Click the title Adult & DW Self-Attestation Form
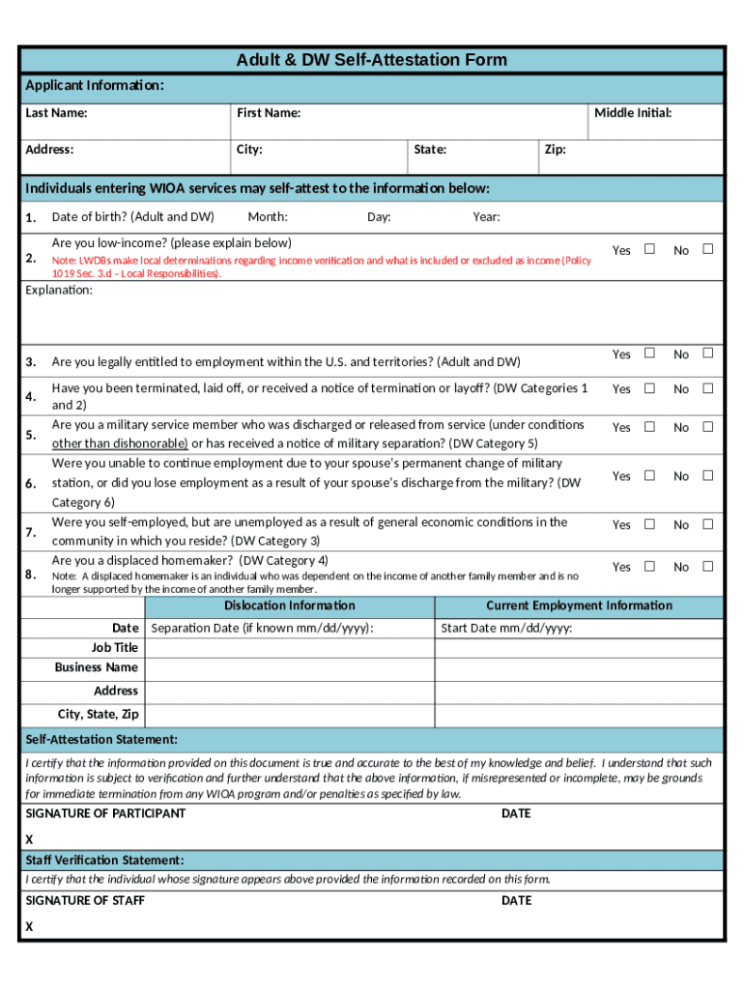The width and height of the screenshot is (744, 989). (371, 60)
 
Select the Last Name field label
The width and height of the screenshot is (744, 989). (56, 113)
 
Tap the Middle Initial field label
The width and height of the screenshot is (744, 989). (633, 113)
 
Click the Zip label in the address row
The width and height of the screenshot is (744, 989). (555, 150)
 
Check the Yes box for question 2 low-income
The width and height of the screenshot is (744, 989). (649, 249)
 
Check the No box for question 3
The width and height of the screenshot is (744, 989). (707, 353)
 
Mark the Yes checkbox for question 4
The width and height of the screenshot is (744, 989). (649, 388)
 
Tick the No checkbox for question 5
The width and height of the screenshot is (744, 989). (707, 427)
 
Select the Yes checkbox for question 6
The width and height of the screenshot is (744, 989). (649, 475)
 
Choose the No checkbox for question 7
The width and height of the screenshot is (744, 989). (707, 524)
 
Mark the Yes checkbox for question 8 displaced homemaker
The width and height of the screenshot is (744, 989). (649, 566)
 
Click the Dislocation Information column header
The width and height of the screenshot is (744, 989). (289, 606)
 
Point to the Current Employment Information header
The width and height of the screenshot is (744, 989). (579, 606)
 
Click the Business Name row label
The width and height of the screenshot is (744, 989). (97, 667)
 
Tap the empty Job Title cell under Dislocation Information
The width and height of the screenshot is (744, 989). (289, 648)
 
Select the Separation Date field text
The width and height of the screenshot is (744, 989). (262, 629)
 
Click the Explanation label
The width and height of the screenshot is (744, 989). (59, 290)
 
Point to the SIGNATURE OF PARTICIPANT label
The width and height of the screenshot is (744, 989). (105, 813)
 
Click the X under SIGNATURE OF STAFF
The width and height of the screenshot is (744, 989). (29, 926)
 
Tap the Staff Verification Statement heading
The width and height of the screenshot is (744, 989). (104, 860)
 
